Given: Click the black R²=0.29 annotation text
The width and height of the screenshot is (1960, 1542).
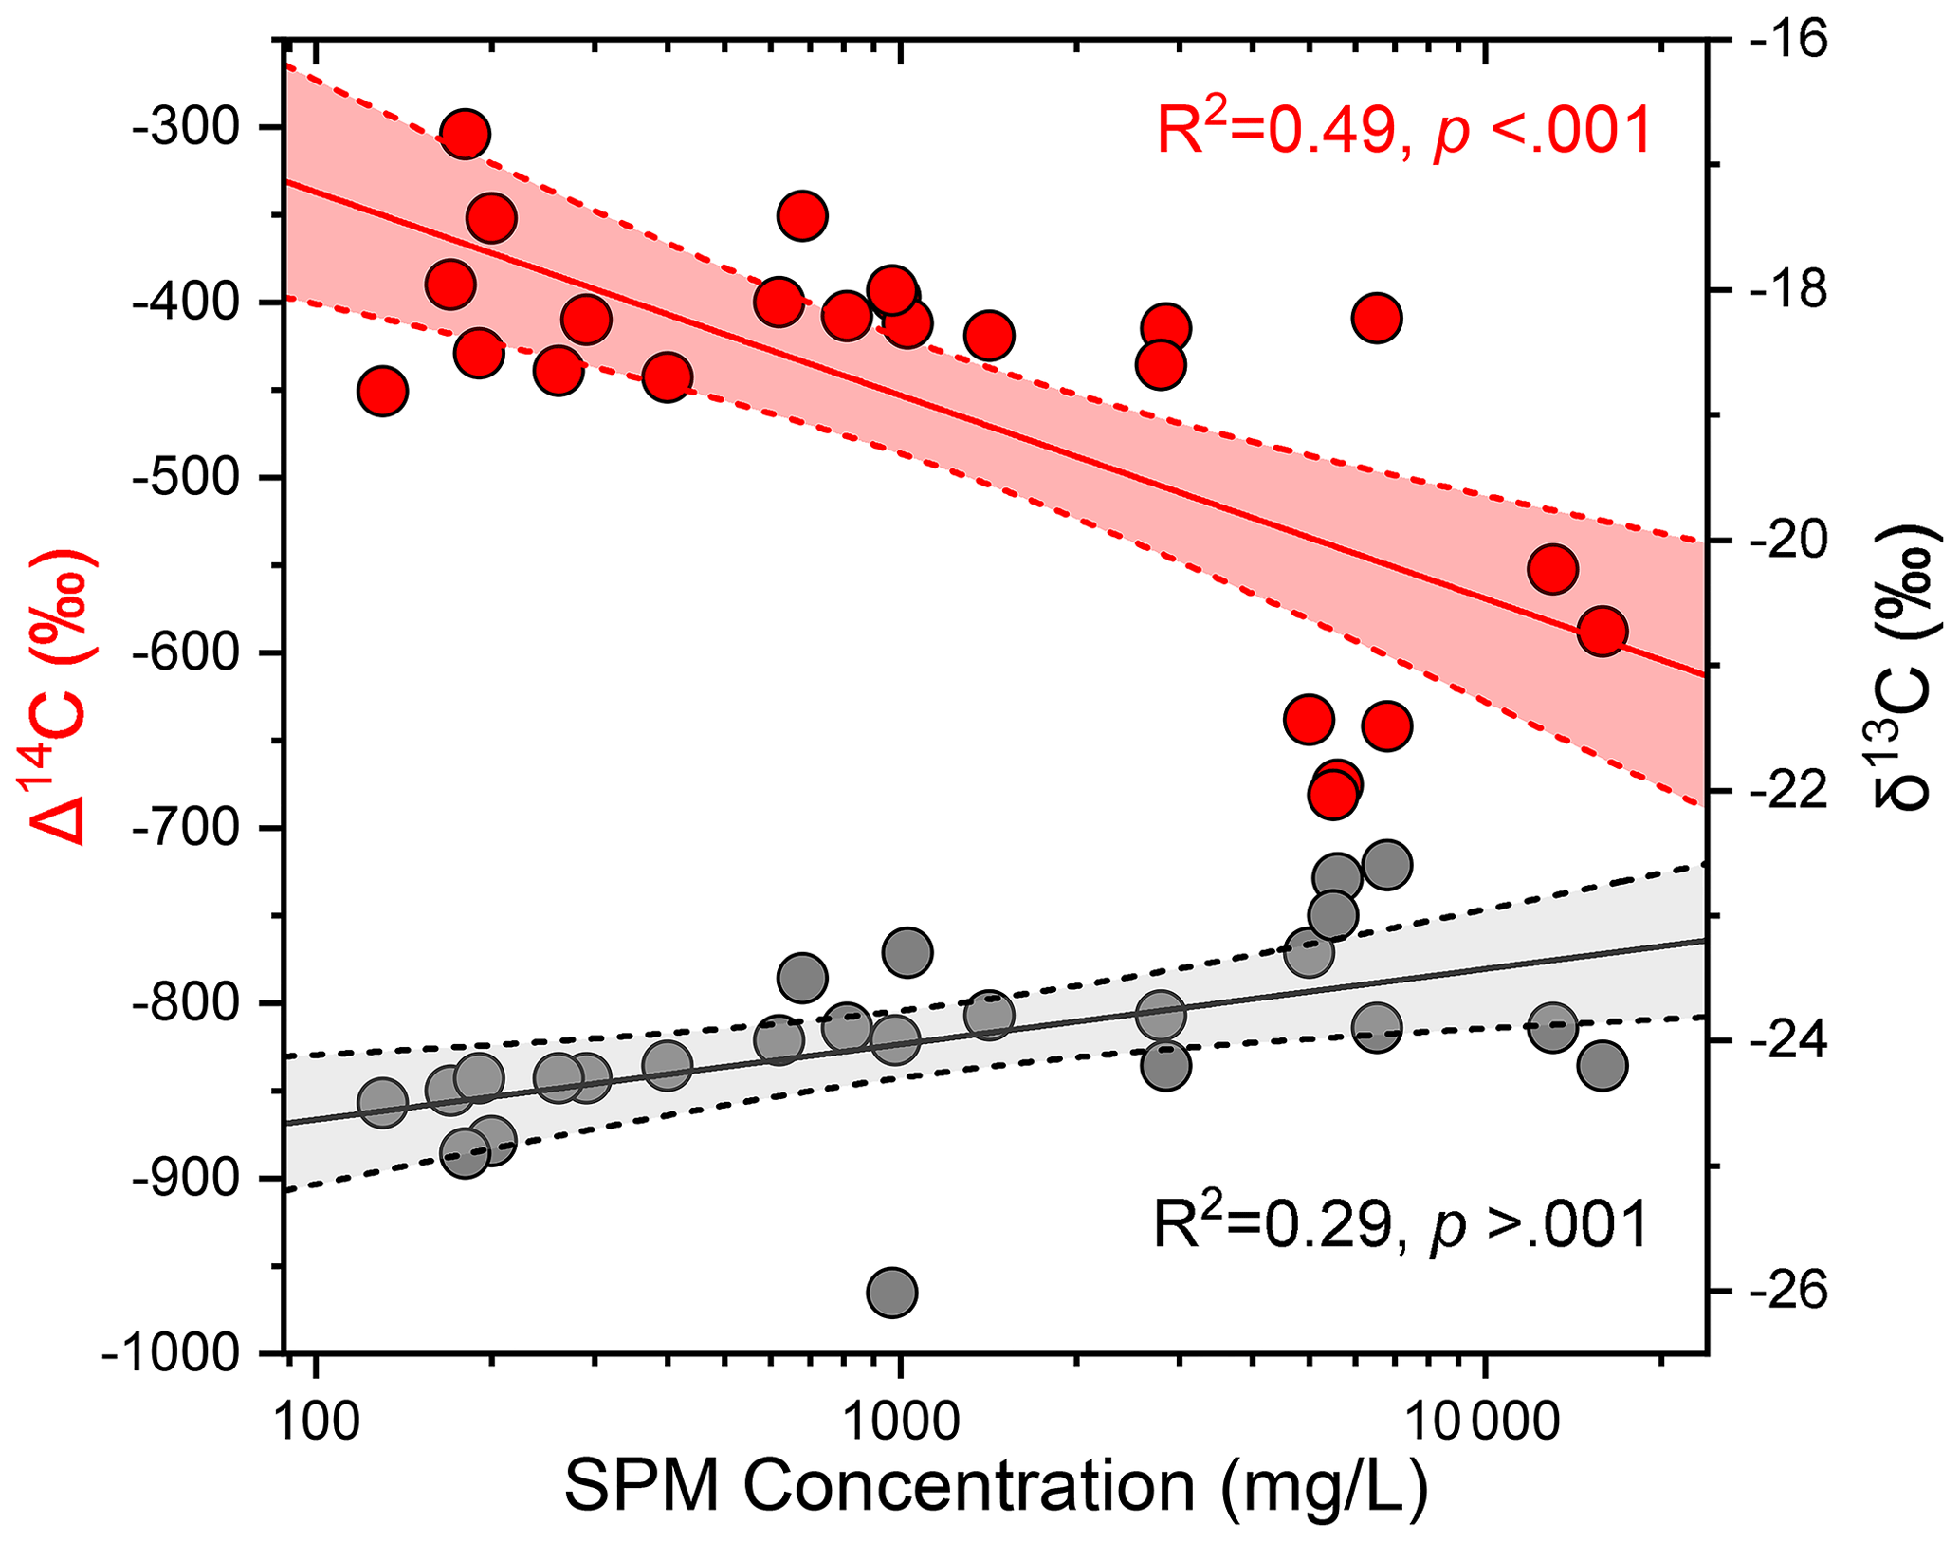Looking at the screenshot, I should coord(1401,1223).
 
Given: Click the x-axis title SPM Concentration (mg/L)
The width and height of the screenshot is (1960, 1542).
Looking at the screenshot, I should coord(996,1486).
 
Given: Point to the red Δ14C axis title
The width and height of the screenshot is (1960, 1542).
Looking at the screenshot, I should coord(63,697).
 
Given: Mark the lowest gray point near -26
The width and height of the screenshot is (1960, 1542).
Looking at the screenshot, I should coord(891,1292).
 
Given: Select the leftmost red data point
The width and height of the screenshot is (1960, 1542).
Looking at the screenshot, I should coord(382,391).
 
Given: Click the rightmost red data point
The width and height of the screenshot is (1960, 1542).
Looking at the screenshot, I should coord(1603,632).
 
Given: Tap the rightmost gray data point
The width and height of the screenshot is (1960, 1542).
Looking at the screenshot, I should coord(1603,1065).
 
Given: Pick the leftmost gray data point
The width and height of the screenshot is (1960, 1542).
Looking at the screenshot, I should coord(382,1102).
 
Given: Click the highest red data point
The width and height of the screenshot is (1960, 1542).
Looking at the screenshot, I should coord(465,135).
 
